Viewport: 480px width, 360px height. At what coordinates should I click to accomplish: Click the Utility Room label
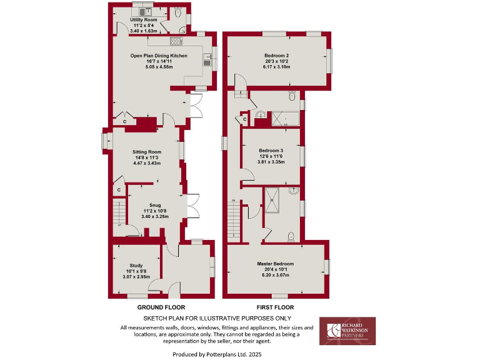pos(143,20)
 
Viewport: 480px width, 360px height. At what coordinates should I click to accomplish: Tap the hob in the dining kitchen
pos(176,41)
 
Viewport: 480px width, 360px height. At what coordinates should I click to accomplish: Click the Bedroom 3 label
pos(271,151)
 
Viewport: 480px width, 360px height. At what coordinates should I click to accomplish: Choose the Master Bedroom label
pos(275,264)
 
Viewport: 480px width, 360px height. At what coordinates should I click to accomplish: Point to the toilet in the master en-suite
pos(292,236)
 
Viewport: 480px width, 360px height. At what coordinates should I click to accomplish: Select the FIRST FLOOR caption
pos(275,307)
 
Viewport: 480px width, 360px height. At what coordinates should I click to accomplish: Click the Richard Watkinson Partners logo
pos(347,331)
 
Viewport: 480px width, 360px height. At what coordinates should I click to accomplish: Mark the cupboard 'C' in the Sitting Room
pos(118,189)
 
